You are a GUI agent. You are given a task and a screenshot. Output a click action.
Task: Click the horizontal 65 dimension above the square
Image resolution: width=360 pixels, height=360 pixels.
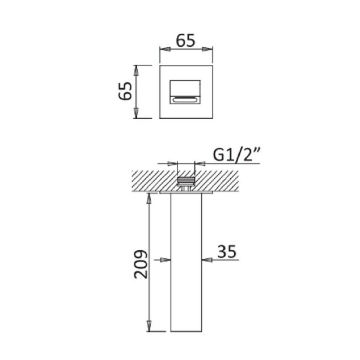pyautogui.click(x=185, y=41)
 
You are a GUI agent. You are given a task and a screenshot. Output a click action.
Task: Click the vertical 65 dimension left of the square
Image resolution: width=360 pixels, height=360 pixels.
pyautogui.click(x=125, y=91)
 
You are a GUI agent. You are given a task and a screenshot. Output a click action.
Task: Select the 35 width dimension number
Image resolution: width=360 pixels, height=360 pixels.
pyautogui.click(x=227, y=251)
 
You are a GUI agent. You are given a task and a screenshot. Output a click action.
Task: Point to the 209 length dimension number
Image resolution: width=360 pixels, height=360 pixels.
pyautogui.click(x=141, y=264)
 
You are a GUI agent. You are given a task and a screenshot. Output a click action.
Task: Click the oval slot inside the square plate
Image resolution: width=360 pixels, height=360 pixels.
pyautogui.click(x=185, y=100)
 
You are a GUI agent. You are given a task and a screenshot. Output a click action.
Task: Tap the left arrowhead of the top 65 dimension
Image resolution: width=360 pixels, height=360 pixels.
pyautogui.click(x=165, y=49)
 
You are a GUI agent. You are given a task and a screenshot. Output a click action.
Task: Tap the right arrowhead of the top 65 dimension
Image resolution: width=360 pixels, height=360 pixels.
pyautogui.click(x=207, y=49)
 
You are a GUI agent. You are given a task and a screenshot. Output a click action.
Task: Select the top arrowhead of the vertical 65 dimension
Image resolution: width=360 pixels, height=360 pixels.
pyautogui.click(x=136, y=71)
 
